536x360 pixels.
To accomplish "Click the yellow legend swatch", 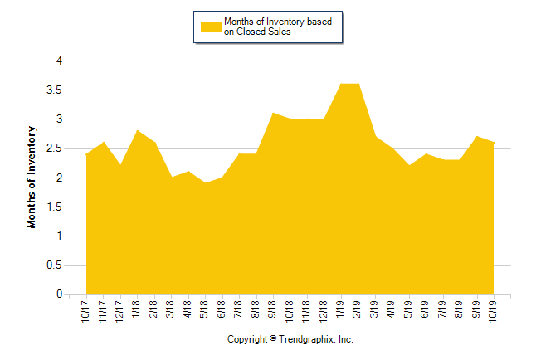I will click(211, 27).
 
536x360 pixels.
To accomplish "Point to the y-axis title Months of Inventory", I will click(32, 177).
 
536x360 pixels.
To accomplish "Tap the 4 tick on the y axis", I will click(59, 61).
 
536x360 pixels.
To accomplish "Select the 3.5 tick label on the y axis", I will click(56, 90).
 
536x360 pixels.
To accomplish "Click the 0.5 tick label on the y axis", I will click(56, 265).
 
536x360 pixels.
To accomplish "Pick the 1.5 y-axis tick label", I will click(56, 207).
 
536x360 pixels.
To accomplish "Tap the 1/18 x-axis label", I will click(137, 310).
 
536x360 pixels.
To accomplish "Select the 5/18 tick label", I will click(205, 310).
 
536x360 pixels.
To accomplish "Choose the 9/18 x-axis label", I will click(273, 310).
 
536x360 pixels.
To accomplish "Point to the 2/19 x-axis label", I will click(358, 310).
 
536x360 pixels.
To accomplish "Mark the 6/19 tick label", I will click(426, 310).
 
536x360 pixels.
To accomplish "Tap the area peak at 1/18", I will click(137, 130).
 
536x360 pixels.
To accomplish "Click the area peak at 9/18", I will click(273, 113).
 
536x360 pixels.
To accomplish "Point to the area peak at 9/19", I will click(477, 136).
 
